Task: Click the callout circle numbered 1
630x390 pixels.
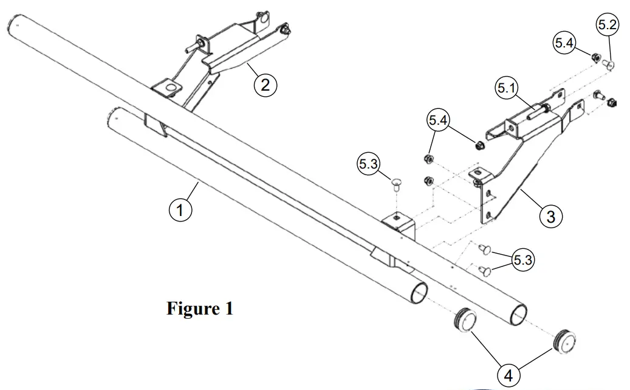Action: [180, 211]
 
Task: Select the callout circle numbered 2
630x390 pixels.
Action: [265, 85]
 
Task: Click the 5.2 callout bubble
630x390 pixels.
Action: [608, 25]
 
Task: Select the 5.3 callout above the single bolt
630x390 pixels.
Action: [369, 164]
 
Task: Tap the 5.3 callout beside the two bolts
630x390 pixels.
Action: [522, 260]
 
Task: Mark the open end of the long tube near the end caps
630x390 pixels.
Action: [518, 315]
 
